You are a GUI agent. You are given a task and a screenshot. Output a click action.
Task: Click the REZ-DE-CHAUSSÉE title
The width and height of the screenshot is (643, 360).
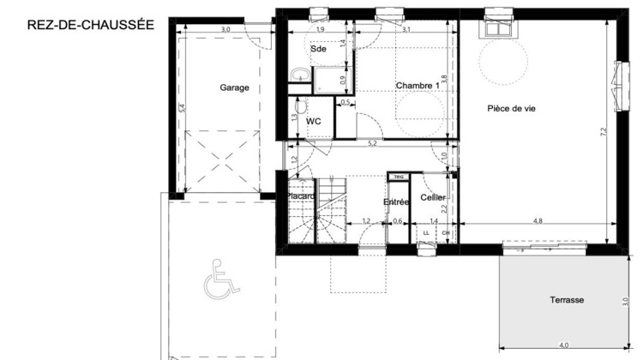coord(91,25)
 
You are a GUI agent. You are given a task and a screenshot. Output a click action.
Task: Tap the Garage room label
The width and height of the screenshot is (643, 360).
coord(234,87)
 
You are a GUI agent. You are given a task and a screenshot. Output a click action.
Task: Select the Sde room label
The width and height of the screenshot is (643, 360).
coord(319,49)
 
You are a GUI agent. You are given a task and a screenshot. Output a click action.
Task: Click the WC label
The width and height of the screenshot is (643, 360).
coord(314,122)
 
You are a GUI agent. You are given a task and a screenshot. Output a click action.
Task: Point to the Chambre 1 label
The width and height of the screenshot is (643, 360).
coord(418,86)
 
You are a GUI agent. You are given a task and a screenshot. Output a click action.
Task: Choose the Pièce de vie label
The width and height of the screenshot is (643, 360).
coord(511,108)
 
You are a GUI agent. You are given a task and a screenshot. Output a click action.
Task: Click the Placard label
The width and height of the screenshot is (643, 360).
coord(302,196)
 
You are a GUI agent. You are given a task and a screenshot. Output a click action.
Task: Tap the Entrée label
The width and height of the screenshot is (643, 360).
coord(395,202)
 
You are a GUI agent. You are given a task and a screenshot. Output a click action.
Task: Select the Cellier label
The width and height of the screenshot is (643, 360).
coord(433,198)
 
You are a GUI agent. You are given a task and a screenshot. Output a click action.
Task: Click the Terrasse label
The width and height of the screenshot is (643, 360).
coord(567,300)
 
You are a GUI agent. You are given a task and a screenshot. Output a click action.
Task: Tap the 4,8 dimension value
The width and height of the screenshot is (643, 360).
coord(538,221)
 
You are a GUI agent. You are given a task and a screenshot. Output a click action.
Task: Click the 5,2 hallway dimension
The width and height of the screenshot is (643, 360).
coord(372,143)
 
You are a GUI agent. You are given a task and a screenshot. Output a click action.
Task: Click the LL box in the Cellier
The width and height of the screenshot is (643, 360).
coord(426,233)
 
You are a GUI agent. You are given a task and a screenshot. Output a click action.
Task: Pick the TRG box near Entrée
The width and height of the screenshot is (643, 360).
coord(398,177)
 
